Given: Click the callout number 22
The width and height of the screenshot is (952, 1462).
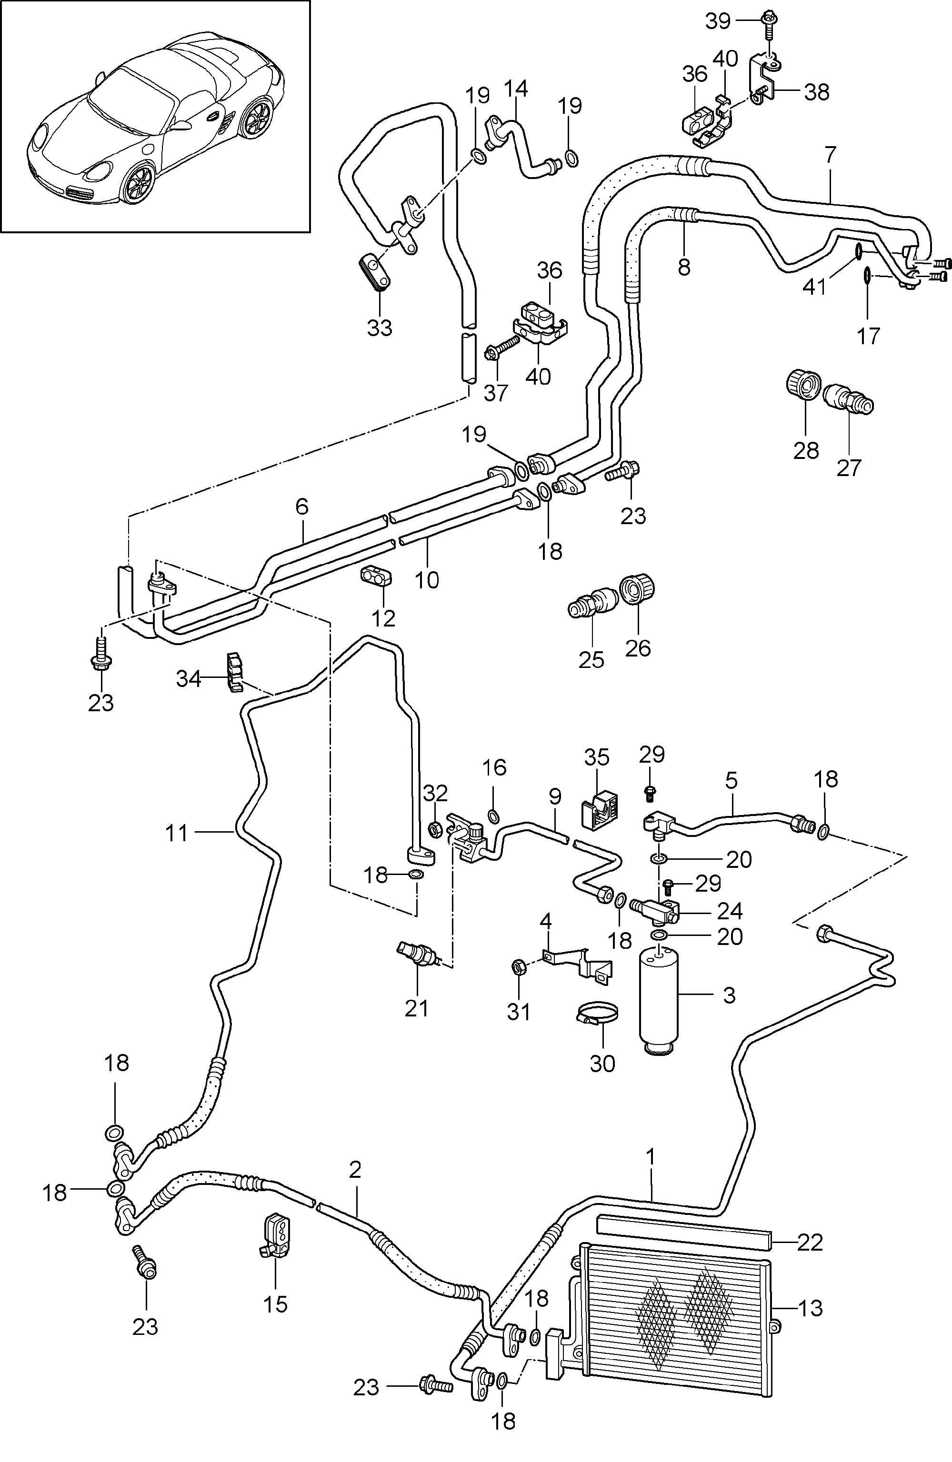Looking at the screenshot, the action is click(x=810, y=1242).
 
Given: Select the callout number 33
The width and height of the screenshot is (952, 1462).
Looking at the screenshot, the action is click(x=380, y=328).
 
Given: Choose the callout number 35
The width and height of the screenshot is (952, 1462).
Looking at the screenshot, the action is click(x=597, y=757).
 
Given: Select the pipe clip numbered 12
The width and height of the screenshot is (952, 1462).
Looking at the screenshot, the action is click(x=376, y=577).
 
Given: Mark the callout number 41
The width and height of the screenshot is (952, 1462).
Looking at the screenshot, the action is click(x=815, y=287).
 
